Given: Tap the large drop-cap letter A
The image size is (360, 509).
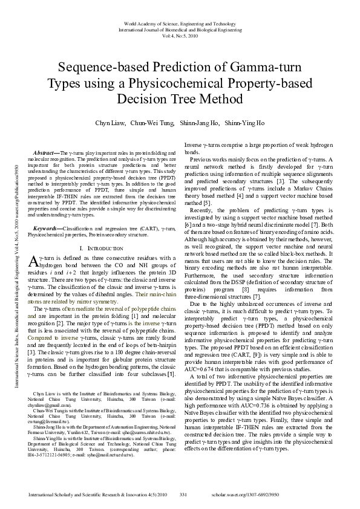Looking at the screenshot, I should [34, 261].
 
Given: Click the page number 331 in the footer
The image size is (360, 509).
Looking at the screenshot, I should [184, 496].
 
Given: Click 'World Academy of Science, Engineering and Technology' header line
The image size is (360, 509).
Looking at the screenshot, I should [180, 22].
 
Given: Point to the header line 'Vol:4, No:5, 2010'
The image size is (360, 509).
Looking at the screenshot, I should [180, 36].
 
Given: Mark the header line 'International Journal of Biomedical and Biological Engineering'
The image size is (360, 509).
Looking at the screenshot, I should [180, 29].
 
